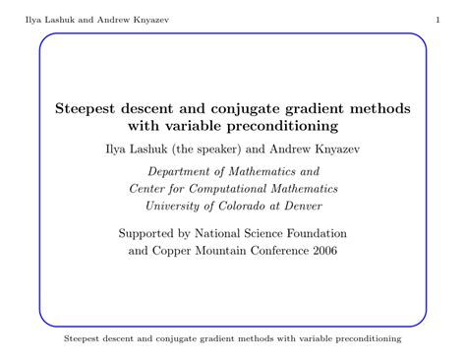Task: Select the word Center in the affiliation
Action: tap(148, 188)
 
